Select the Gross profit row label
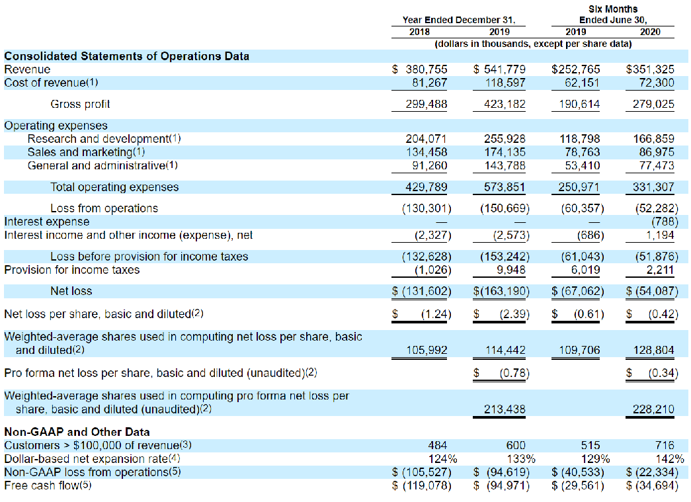[x=80, y=104]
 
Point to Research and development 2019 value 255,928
[x=506, y=139]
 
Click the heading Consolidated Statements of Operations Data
[x=127, y=56]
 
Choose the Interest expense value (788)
[x=665, y=222]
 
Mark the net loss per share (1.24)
[x=436, y=314]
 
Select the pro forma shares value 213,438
[x=506, y=409]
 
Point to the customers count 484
[x=436, y=446]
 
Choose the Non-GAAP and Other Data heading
[x=77, y=433]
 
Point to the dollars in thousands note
[x=532, y=44]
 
